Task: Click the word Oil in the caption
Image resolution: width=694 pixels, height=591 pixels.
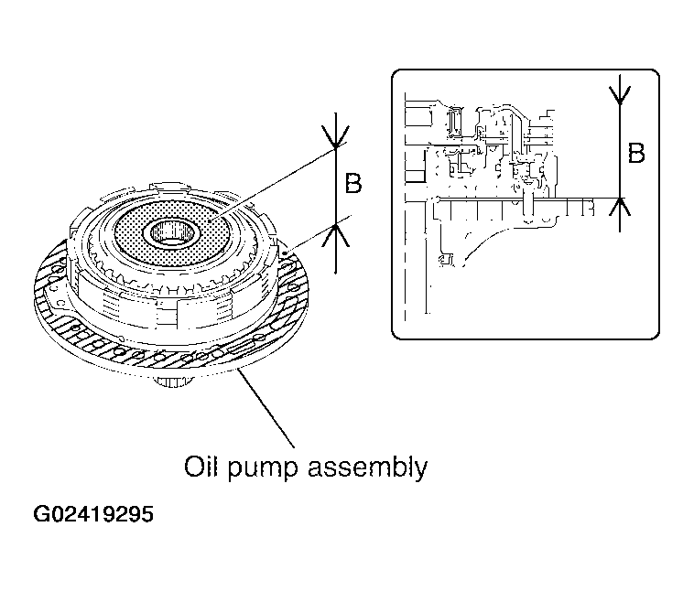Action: (201, 467)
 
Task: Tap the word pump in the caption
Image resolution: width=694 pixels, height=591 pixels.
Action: (263, 470)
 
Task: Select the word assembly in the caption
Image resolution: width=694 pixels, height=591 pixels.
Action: (368, 468)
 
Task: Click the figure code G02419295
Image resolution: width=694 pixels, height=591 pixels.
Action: (93, 514)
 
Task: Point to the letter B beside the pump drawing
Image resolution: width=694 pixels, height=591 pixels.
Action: (353, 183)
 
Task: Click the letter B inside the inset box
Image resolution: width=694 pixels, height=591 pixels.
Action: (636, 153)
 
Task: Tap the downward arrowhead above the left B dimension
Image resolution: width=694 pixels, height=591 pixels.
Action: (335, 137)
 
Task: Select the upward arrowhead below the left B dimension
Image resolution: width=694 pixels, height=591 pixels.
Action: (336, 235)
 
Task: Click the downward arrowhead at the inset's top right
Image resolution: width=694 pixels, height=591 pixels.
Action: (620, 94)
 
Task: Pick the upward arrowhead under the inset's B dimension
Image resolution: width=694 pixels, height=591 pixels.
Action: (620, 207)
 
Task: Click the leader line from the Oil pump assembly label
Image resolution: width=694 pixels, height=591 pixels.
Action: (266, 408)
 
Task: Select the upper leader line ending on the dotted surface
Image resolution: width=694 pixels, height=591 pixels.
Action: (275, 184)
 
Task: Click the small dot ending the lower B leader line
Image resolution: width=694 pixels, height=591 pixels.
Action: (284, 253)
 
